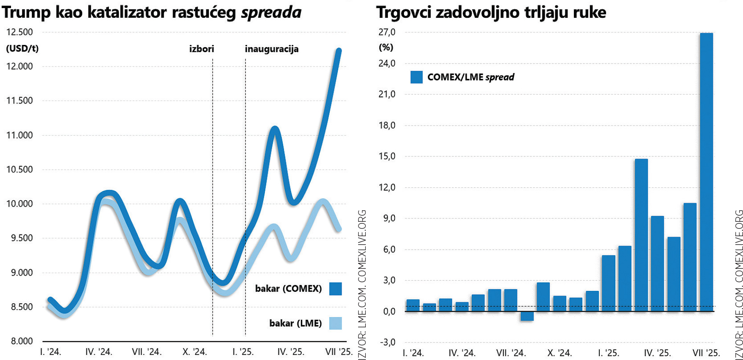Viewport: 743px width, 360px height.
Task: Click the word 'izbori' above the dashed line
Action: [201, 49]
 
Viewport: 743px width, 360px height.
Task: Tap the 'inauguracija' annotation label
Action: [272, 49]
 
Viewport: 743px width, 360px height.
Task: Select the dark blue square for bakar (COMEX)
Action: [335, 289]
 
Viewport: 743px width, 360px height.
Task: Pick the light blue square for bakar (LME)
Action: [335, 323]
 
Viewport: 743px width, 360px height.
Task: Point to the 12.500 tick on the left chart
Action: [19, 32]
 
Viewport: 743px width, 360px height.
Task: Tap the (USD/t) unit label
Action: [22, 48]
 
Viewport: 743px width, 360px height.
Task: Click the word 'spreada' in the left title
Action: [271, 13]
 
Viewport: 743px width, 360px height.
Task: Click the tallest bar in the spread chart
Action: [706, 170]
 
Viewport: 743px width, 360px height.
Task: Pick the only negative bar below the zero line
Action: [527, 316]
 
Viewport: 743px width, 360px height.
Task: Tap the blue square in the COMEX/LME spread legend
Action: [416, 77]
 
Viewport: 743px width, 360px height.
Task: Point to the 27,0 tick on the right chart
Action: [387, 32]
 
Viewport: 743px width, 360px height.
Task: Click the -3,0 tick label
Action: [387, 342]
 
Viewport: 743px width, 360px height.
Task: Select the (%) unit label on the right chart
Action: [386, 47]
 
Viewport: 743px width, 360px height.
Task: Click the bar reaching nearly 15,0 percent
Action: [641, 233]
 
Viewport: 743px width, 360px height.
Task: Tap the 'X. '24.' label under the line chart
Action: [195, 352]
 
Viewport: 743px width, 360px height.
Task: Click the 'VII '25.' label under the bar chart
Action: [706, 353]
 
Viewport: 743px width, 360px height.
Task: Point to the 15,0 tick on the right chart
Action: [387, 156]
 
